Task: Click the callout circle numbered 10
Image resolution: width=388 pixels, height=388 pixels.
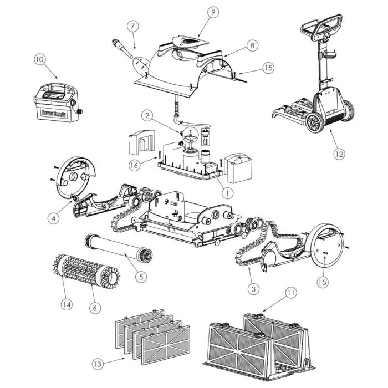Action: [39, 59]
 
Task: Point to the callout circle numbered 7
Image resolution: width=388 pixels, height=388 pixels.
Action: [131, 26]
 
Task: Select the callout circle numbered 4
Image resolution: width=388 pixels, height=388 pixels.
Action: [53, 218]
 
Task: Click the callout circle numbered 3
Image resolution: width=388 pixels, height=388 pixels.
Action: [253, 288]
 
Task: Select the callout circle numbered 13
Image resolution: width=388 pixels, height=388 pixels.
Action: [98, 364]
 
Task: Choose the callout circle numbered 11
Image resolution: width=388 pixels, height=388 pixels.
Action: [291, 292]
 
